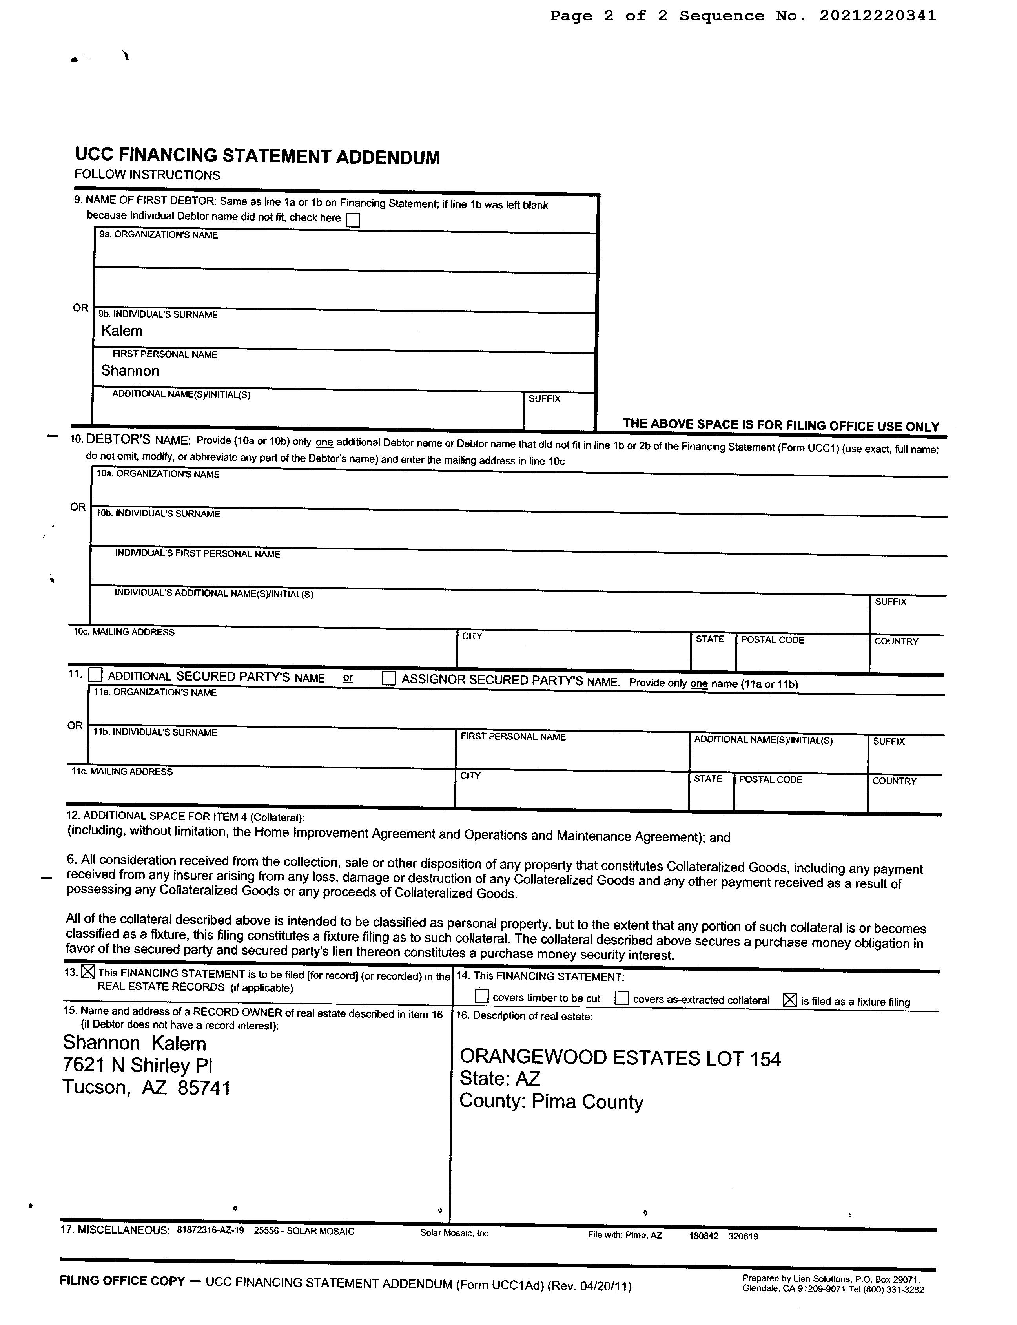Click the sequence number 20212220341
[877, 16]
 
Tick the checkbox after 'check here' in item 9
[352, 220]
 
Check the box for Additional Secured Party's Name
[96, 675]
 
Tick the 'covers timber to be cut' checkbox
[482, 996]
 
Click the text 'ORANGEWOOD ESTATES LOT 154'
[620, 1058]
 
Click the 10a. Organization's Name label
[158, 474]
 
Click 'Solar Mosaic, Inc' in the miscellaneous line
[454, 1233]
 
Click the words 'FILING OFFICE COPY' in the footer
[122, 1280]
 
